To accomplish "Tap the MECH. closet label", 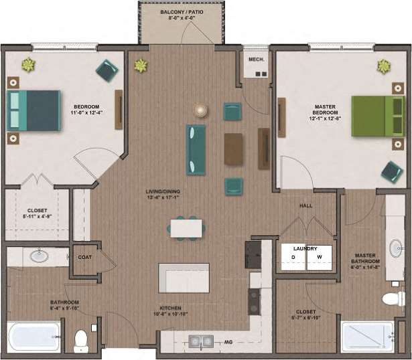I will tap(255, 60).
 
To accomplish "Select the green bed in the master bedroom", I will tap(377, 116).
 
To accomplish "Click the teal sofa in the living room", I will tap(196, 149).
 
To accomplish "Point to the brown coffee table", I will tap(233, 149).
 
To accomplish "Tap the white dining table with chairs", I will tap(186, 228).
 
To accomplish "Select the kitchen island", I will tap(183, 277).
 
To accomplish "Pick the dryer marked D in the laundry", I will tap(293, 257).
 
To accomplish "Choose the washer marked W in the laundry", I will tap(320, 257).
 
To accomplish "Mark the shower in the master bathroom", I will tap(366, 337).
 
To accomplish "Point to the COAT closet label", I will tap(85, 257).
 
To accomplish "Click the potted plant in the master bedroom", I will tap(383, 66).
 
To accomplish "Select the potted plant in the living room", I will tap(141, 66).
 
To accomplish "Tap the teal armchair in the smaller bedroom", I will tap(107, 70).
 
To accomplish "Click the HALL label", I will tap(306, 206).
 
